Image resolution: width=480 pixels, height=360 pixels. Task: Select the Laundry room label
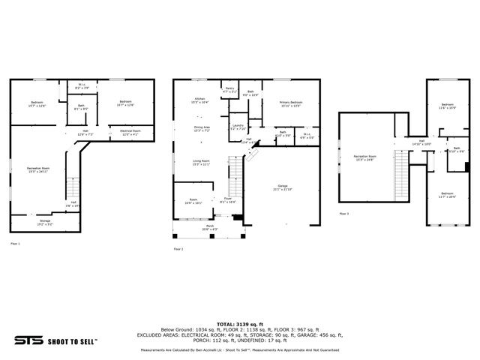coord(238,127)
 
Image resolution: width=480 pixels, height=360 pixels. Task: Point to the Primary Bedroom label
coord(291,103)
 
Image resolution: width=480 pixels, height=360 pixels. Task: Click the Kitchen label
coord(200,100)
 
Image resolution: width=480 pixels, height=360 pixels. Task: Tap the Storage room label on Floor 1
coord(45,222)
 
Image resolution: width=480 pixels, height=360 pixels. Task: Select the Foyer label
coord(227,200)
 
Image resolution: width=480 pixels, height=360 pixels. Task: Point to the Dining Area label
coord(202,128)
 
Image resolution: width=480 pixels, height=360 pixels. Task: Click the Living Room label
coord(201,162)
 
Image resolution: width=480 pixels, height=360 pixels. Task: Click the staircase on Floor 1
coord(73,191)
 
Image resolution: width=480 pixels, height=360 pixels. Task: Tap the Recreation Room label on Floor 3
coord(365,158)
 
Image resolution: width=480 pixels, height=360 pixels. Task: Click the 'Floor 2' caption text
coord(178,249)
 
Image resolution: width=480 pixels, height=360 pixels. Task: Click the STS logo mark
coord(27,340)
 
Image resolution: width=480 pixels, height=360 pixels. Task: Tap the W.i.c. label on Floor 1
coord(82,87)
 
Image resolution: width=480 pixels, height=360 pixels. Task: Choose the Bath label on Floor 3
coord(456,149)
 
